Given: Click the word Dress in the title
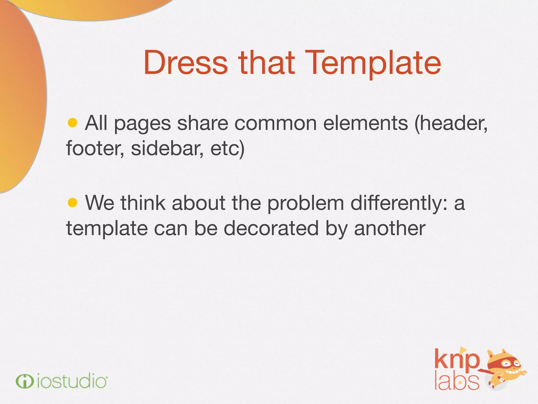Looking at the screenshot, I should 186,63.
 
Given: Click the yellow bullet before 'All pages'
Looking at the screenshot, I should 72,123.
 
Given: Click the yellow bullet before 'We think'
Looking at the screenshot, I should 72,203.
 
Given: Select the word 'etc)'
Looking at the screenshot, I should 227,149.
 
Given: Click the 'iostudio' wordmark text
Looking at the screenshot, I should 72,381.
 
